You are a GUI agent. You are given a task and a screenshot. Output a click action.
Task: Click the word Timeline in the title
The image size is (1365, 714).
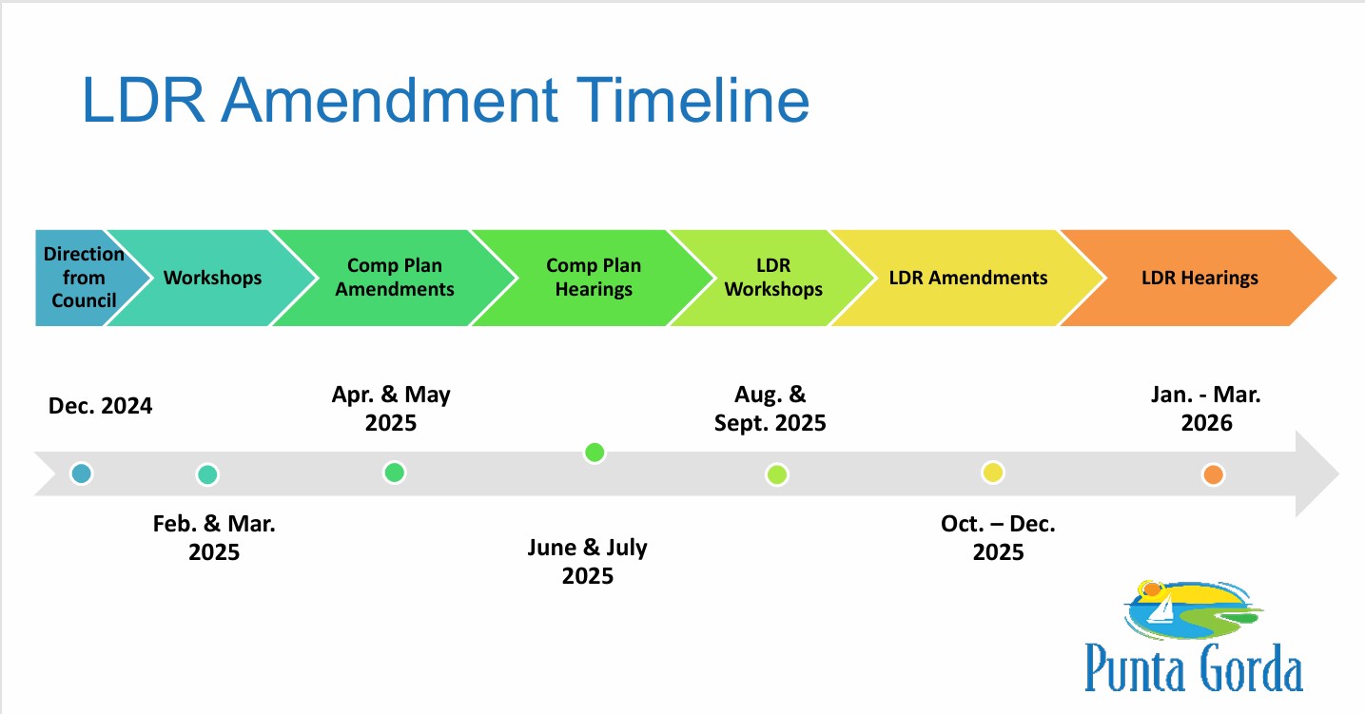(692, 100)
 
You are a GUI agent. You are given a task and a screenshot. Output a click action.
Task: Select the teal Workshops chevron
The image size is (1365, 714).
(212, 278)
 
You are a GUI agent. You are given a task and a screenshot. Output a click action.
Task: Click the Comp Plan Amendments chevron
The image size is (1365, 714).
(394, 278)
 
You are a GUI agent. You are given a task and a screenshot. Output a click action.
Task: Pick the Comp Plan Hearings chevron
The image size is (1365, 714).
(594, 278)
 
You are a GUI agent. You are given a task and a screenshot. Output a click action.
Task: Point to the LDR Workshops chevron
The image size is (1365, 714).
(773, 278)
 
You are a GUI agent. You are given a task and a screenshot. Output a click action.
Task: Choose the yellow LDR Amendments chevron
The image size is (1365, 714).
(968, 278)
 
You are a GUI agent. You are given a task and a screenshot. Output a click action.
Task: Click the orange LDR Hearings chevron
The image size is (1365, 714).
(1199, 278)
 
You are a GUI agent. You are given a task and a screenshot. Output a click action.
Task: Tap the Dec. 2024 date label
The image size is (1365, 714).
(100, 406)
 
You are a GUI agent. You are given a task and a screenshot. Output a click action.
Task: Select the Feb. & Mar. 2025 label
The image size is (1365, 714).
(214, 538)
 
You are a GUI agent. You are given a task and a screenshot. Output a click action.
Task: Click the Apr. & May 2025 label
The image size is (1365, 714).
(391, 409)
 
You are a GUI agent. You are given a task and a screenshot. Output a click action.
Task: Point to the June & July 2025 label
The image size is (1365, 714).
(588, 561)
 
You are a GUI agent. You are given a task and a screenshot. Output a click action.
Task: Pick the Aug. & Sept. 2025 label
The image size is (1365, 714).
(770, 409)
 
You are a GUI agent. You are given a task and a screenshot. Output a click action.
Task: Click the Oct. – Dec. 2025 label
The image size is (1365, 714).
(998, 538)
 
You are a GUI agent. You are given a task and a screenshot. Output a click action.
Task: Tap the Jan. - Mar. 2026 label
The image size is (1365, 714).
(1206, 409)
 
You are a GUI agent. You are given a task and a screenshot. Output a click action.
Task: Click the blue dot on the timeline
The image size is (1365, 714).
(82, 473)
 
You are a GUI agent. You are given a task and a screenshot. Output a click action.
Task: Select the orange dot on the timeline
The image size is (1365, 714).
(1213, 474)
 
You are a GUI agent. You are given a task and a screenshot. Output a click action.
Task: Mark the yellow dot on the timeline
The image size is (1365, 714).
(993, 473)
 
